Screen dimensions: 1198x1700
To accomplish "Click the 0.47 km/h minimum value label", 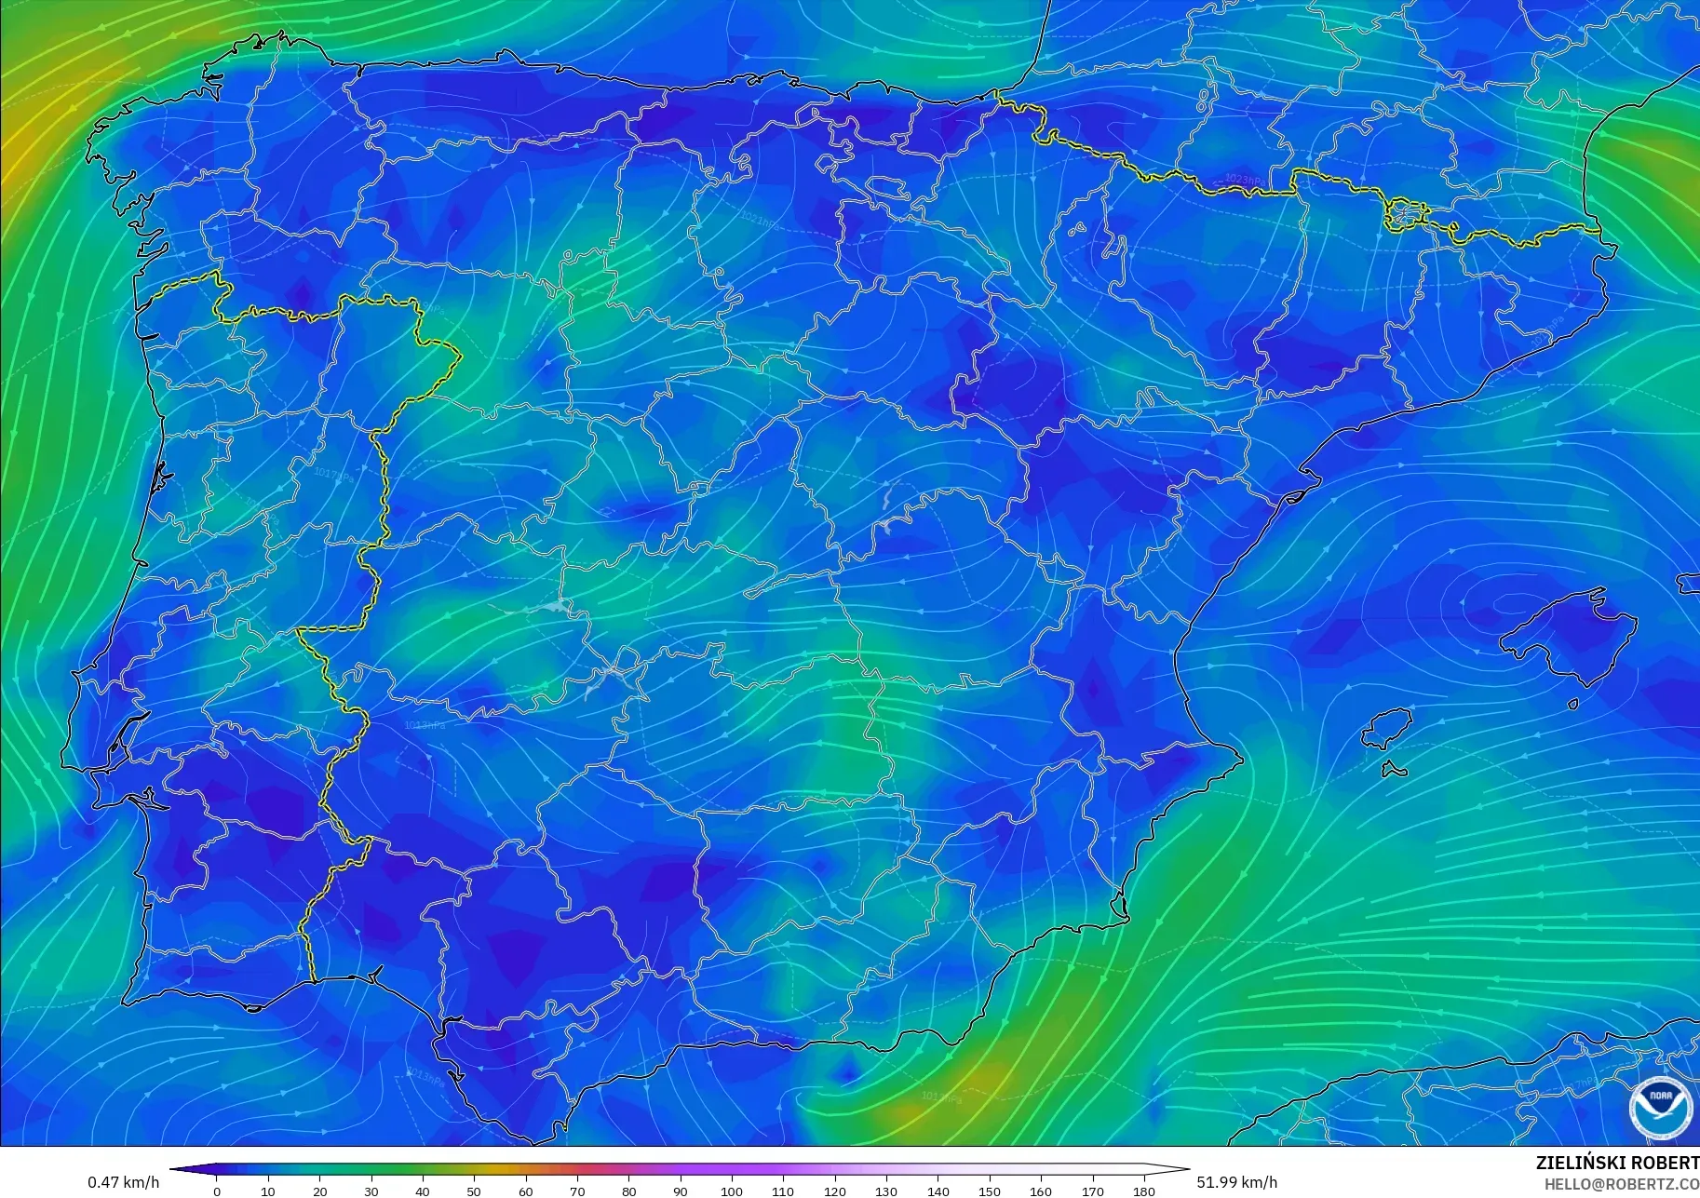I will tap(123, 1182).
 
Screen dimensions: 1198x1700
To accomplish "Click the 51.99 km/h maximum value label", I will tap(1236, 1182).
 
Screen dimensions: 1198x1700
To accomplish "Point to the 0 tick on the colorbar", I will tap(217, 1191).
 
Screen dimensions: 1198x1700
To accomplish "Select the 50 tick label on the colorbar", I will tap(474, 1191).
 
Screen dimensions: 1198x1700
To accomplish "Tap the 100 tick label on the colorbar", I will tap(732, 1191).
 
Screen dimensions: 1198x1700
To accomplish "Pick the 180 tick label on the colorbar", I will tap(1144, 1191).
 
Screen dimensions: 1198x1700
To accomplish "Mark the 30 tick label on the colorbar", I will tap(371, 1191).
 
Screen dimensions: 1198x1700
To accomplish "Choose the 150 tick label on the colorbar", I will tap(990, 1191).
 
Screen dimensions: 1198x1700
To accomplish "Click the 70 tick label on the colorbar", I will tap(577, 1191).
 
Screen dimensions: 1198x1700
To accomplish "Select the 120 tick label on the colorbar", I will tap(835, 1191).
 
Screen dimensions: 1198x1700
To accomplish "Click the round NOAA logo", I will tap(1661, 1108).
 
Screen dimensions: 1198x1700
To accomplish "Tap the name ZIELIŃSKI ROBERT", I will tap(1617, 1163).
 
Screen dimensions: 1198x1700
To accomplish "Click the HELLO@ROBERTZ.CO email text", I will tap(1622, 1185).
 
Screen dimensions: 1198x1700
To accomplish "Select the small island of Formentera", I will tap(1394, 770).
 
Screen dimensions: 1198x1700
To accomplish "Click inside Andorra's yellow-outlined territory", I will tap(1403, 216).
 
